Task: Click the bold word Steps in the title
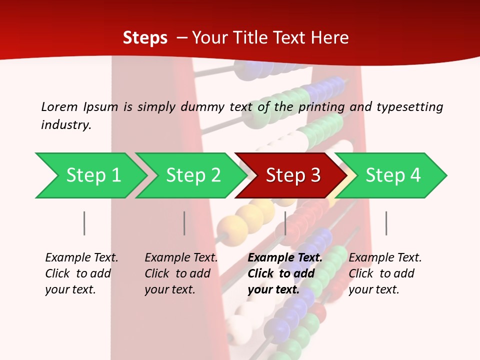(145, 37)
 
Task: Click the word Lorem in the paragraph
(59, 106)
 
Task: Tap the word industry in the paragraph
(66, 124)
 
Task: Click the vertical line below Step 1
(84, 223)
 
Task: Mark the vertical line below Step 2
(184, 223)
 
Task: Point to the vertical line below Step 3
(285, 223)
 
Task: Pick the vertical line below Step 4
(386, 223)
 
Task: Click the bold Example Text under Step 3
(285, 257)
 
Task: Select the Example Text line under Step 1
(81, 257)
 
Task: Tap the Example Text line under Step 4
(385, 257)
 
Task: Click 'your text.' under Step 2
(170, 289)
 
